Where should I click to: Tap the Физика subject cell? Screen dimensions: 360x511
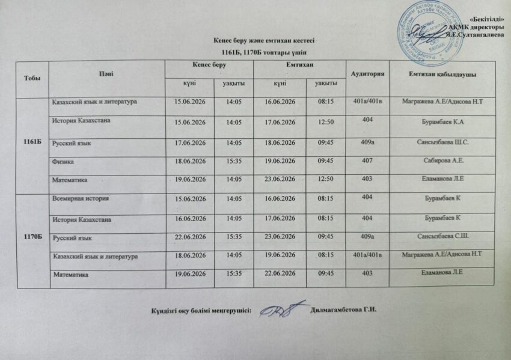65,162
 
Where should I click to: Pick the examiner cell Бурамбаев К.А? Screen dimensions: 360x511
443,124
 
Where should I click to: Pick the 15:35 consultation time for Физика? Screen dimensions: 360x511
233,162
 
